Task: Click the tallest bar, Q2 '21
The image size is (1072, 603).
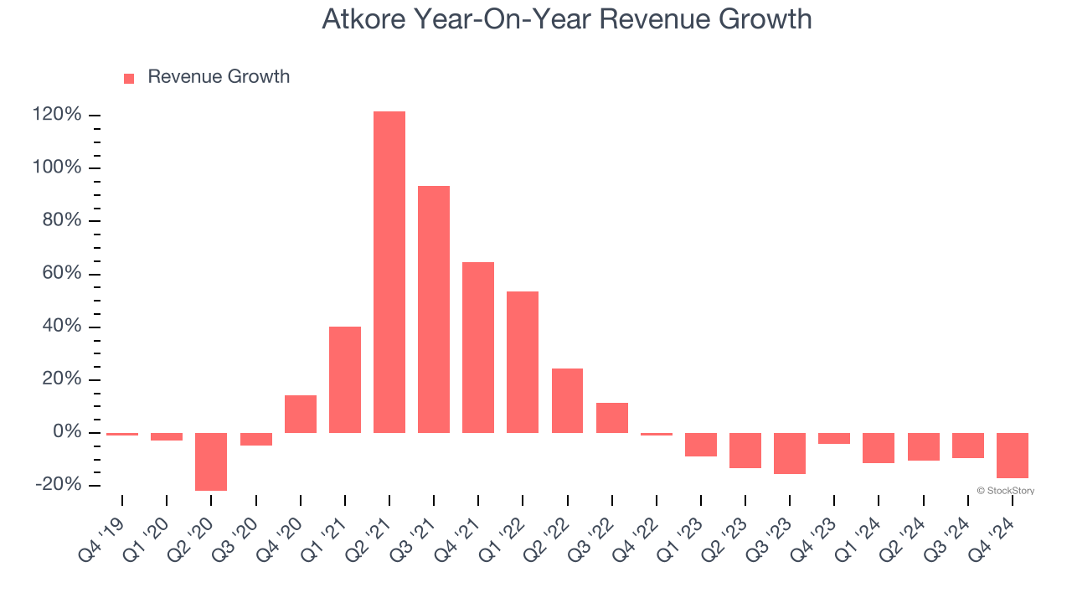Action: pyautogui.click(x=389, y=272)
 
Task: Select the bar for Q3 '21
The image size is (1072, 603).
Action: pyautogui.click(x=434, y=309)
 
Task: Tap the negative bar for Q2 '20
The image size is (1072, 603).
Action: pyautogui.click(x=211, y=461)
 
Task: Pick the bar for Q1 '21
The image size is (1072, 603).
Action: pyautogui.click(x=345, y=379)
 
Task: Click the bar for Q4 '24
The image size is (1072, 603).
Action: pyautogui.click(x=1013, y=456)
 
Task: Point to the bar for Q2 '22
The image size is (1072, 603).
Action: pyautogui.click(x=567, y=400)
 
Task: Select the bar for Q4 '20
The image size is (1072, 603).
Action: pyautogui.click(x=301, y=414)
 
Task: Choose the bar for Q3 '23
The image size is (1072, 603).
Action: pyautogui.click(x=790, y=453)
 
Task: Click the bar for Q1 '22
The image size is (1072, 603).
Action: pyautogui.click(x=523, y=362)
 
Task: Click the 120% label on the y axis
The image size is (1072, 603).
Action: pyautogui.click(x=57, y=115)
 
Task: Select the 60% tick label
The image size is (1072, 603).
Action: pyautogui.click(x=61, y=274)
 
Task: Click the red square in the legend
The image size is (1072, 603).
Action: pyautogui.click(x=129, y=79)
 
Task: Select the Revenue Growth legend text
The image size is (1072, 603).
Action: pyautogui.click(x=219, y=77)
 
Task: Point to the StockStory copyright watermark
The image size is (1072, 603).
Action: pyautogui.click(x=1005, y=491)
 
